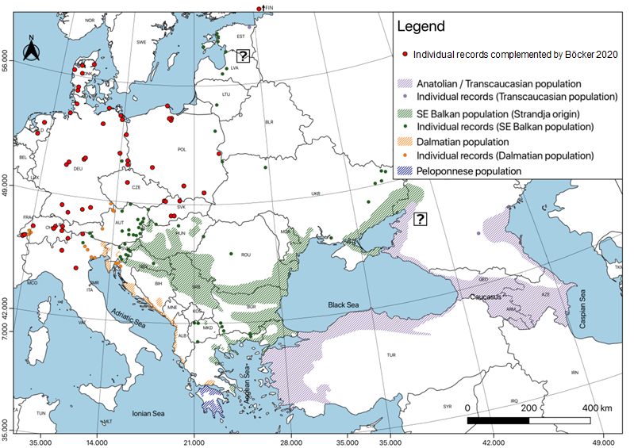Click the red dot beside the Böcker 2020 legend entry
pyautogui.click(x=405, y=54)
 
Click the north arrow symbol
pyautogui.click(x=31, y=52)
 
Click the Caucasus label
pyautogui.click(x=486, y=294)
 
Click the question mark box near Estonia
pyautogui.click(x=243, y=56)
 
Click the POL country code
pyautogui.click(x=183, y=148)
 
